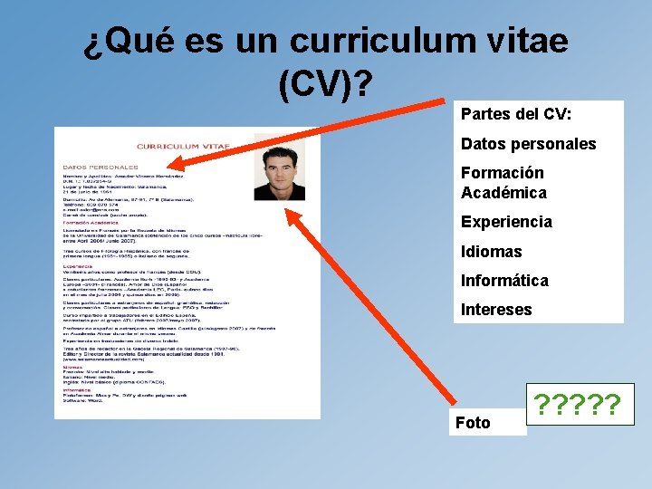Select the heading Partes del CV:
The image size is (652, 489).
tap(516, 115)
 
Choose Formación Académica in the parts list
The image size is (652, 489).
tap(503, 183)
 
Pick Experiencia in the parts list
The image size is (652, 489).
tap(505, 222)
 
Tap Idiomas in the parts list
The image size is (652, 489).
tap(491, 252)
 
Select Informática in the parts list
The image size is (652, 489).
tap(504, 281)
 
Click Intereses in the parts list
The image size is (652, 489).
tap(496, 310)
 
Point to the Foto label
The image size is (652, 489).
tap(473, 423)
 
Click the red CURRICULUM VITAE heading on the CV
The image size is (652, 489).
tap(183, 146)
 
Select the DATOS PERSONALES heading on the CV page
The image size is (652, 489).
tap(101, 167)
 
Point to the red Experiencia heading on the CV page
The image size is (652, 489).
tap(78, 255)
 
